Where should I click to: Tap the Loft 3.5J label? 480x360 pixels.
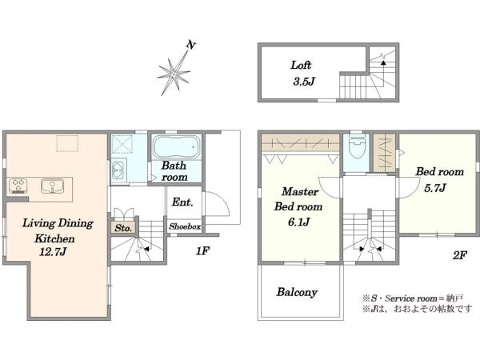coord(302,74)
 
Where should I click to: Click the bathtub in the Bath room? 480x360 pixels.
coord(176,146)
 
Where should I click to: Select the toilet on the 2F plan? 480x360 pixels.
coord(357,147)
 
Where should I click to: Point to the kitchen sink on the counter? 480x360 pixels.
coord(52,186)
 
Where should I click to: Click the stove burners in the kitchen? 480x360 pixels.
coord(18,186)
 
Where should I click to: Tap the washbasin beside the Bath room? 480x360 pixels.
coord(118,170)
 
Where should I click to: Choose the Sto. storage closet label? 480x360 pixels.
coord(123,228)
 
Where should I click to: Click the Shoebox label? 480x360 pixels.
coord(185,226)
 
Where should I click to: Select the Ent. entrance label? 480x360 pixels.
coord(182,202)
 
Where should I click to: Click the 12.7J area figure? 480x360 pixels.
coord(53,252)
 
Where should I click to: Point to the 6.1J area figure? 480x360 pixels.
coord(298,222)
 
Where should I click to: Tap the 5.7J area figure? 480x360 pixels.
coord(434,188)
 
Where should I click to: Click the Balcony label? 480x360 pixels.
coord(297,292)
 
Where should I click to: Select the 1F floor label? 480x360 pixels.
coord(202,251)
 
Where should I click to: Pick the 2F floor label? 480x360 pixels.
coord(460,255)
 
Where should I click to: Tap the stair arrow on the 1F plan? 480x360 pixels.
coord(146,249)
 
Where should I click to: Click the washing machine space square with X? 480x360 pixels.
coord(122,143)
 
